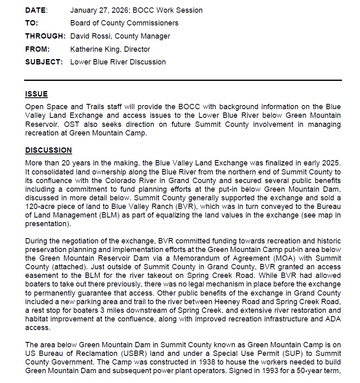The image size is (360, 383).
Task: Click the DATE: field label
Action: (x=36, y=10)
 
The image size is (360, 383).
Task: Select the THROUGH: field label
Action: (x=45, y=36)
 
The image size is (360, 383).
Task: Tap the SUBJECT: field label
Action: (x=44, y=62)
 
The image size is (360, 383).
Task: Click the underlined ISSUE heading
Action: (x=36, y=94)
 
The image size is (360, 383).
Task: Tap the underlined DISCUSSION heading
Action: (x=48, y=150)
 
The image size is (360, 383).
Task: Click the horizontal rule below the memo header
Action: (x=183, y=80)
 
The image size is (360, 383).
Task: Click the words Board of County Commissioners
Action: (x=124, y=23)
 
